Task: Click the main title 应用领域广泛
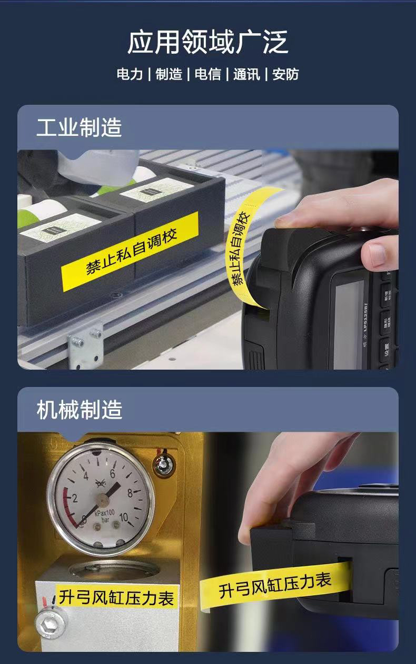click(x=208, y=42)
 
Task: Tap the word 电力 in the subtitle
click(x=130, y=74)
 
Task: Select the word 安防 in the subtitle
click(x=285, y=74)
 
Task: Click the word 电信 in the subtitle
click(x=207, y=74)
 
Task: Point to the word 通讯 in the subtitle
click(x=246, y=74)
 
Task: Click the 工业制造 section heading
click(x=79, y=128)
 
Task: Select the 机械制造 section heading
click(x=79, y=410)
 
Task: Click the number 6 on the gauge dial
click(x=112, y=472)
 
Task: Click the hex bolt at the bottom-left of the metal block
click(x=51, y=624)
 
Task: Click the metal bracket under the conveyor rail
click(x=85, y=345)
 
